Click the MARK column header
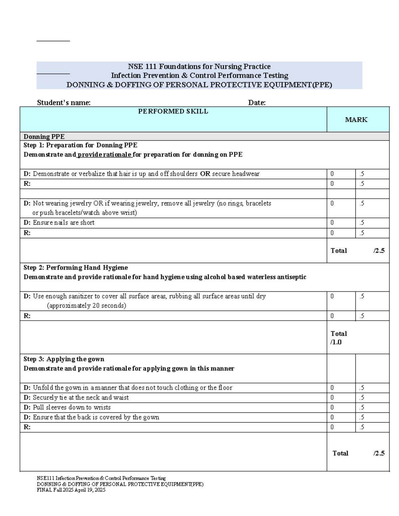pyautogui.click(x=356, y=120)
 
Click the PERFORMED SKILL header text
pyautogui.click(x=173, y=111)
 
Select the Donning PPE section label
pyautogui.click(x=44, y=137)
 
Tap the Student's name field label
pyautogui.click(x=64, y=103)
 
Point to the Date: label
pyautogui.click(x=257, y=103)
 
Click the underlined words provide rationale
pyautogui.click(x=105, y=155)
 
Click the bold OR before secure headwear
pyautogui.click(x=205, y=174)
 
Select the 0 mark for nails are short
pyautogui.click(x=332, y=223)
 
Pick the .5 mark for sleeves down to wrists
pyautogui.click(x=362, y=407)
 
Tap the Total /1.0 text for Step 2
pyautogui.click(x=338, y=338)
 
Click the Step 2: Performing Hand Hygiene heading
pyautogui.click(x=75, y=267)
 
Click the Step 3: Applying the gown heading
pyautogui.click(x=64, y=359)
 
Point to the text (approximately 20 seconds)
pyautogui.click(x=86, y=306)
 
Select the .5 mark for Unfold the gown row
pyautogui.click(x=362, y=388)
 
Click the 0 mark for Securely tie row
pyautogui.click(x=332, y=398)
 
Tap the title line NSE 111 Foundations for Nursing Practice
pyautogui.click(x=199, y=66)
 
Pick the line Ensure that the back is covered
pyautogui.click(x=96, y=417)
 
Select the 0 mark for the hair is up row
pyautogui.click(x=332, y=174)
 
